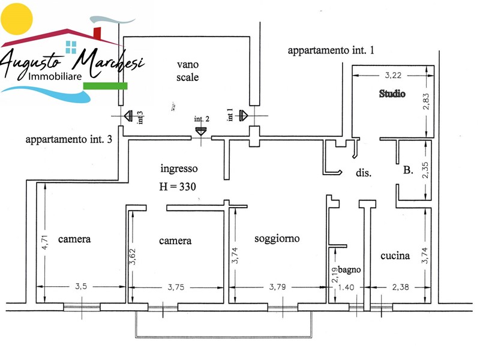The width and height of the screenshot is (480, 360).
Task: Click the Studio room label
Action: coord(392,94)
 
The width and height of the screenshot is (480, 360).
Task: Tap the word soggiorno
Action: coord(277,238)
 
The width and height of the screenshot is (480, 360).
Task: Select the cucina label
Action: coord(395,256)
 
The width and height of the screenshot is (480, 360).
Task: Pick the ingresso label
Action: coord(179,169)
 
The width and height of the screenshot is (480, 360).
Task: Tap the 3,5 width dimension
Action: coord(80,287)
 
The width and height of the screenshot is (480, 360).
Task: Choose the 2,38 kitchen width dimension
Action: coord(400,287)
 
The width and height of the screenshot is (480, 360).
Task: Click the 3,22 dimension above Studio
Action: coord(391,76)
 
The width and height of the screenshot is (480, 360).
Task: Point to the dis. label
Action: coord(364,173)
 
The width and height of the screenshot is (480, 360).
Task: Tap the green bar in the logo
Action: coord(105,86)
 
